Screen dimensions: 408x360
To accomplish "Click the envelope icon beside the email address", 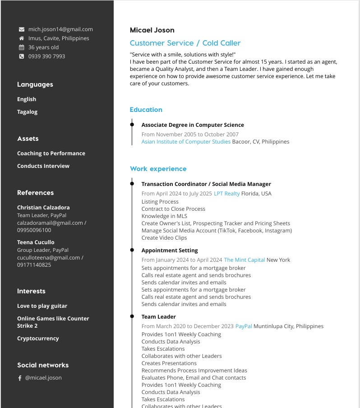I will [21, 29].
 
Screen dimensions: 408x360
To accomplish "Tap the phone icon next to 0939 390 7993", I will [21, 56].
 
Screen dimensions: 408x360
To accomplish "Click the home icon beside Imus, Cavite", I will [21, 38].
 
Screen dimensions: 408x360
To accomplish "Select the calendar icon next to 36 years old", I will [21, 47].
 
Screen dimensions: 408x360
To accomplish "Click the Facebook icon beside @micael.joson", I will [20, 378].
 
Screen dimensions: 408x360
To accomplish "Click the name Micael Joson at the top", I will [152, 30].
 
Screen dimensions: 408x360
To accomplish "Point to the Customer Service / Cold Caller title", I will [185, 43].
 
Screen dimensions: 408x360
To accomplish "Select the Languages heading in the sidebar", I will [35, 84].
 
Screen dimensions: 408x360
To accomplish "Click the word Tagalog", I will [27, 112].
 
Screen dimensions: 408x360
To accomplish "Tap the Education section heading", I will [146, 110].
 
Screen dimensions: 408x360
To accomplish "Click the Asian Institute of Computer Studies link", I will [186, 142].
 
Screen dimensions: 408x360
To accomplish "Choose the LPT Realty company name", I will [226, 194].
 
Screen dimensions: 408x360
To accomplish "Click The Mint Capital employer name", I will [244, 260].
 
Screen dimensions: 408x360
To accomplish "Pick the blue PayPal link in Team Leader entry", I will [244, 326].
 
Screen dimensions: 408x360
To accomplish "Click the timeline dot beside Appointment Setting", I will [132, 250].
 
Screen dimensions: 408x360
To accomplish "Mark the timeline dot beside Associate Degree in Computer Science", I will [132, 125].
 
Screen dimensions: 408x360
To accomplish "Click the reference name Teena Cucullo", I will [36, 242].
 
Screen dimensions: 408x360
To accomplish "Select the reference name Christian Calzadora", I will [43, 208].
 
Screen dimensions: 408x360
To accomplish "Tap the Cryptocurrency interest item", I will [38, 338].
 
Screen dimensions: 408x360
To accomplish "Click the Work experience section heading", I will [158, 169].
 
